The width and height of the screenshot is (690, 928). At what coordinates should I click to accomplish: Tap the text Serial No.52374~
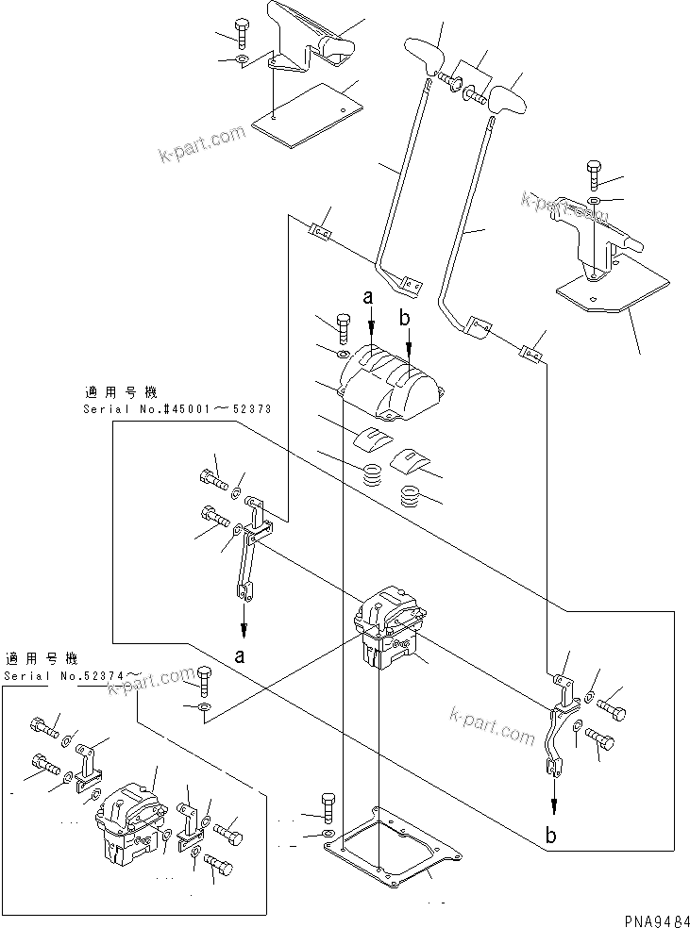(74, 675)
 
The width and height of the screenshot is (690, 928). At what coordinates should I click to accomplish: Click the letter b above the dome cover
(405, 320)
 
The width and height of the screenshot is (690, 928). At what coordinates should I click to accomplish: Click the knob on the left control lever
(424, 54)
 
